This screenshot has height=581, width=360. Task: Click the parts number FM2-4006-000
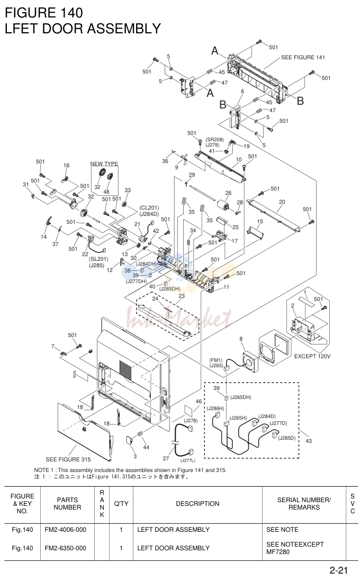(x=65, y=530)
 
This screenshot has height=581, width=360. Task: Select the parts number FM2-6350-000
(x=65, y=548)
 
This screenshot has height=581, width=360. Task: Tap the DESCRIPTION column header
(x=197, y=504)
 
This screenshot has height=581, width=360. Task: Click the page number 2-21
(x=338, y=570)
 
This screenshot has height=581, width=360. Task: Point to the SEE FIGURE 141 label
(x=303, y=58)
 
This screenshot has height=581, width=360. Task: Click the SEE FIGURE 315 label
(x=68, y=459)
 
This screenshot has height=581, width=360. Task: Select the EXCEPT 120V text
(x=312, y=357)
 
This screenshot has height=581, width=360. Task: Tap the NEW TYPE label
(x=104, y=164)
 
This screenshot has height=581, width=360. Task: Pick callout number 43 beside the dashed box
(x=309, y=441)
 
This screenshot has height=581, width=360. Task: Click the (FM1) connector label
(x=216, y=360)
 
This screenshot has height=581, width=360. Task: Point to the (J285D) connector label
(x=287, y=438)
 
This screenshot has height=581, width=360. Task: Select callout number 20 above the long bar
(x=282, y=202)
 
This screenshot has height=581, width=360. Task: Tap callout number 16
(x=66, y=166)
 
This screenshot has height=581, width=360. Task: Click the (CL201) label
(x=149, y=208)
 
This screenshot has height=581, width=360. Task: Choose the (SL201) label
(x=98, y=259)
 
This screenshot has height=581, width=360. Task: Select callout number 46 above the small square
(x=199, y=401)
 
